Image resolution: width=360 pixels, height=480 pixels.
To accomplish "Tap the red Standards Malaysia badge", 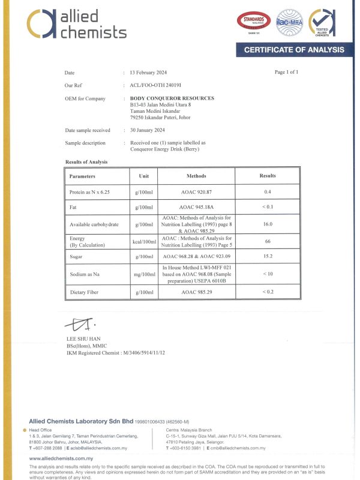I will coord(256,22).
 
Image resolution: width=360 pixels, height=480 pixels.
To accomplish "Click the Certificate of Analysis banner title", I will coord(294,50).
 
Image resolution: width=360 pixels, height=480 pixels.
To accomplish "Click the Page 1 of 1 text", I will coord(286,72).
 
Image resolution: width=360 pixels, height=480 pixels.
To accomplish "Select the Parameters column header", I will coord(86,176).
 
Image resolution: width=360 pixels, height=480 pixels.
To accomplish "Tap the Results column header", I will coord(268,176).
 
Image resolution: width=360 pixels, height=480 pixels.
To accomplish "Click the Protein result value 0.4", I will coord(268,192).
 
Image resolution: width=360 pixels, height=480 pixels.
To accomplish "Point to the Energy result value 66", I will coord(268,241).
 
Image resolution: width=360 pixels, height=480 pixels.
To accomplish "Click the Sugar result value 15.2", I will coord(268,257).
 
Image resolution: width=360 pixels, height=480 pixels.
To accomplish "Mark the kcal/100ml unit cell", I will coord(144,242).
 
